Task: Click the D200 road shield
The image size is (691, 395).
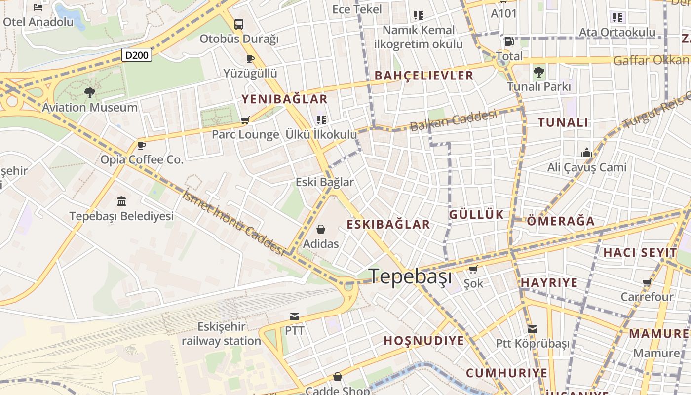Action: (137, 55)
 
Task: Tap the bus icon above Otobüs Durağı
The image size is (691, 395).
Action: (239, 24)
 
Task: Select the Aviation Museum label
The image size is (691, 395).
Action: (90, 107)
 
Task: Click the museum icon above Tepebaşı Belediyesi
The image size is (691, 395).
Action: (121, 201)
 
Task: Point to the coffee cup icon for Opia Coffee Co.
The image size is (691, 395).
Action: (142, 145)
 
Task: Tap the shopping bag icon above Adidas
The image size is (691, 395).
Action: (321, 229)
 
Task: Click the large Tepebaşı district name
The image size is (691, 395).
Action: (411, 276)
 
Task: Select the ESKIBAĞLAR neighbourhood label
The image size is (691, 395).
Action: (388, 224)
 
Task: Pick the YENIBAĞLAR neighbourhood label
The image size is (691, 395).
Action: (284, 99)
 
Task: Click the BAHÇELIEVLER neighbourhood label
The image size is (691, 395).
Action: (424, 76)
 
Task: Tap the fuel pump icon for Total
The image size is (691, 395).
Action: (509, 41)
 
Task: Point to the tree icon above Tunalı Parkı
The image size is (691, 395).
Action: (539, 72)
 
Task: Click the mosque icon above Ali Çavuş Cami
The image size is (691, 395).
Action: (586, 153)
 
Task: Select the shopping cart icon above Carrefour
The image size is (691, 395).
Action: (647, 283)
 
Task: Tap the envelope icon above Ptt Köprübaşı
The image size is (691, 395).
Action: (532, 329)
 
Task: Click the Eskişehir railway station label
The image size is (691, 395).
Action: (221, 334)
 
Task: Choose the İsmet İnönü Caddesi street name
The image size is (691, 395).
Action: (233, 223)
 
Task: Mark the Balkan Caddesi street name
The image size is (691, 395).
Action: (453, 121)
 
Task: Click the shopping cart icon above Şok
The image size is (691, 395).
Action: (473, 270)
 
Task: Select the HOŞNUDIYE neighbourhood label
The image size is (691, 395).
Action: (424, 341)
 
